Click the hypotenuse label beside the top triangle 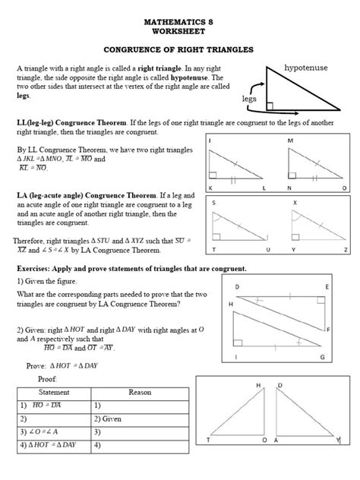[306, 68]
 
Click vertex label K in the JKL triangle [210, 187]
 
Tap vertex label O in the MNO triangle [344, 187]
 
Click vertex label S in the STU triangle [214, 203]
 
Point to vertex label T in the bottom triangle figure [208, 461]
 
